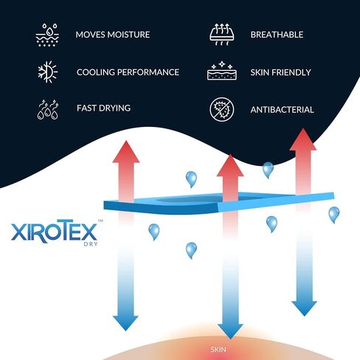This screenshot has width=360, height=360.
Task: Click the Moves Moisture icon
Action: (x=47, y=35)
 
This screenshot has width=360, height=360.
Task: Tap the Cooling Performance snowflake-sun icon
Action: (x=47, y=72)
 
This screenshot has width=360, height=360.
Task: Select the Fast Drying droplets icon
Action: (x=48, y=110)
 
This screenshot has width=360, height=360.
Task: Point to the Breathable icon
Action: (x=222, y=35)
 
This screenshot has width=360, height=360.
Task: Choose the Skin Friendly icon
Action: (x=222, y=71)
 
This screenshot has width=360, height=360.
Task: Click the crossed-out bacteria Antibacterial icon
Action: (x=222, y=109)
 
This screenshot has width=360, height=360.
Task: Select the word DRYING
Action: (x=114, y=108)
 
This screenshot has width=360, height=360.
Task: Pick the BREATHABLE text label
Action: (x=277, y=35)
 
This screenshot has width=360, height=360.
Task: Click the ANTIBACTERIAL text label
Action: (x=283, y=110)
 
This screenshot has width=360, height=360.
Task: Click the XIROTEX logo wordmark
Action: (x=55, y=232)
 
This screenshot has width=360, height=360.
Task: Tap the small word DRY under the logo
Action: (x=91, y=244)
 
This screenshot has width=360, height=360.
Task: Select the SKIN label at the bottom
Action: (x=218, y=350)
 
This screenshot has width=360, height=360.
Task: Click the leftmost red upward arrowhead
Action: (x=126, y=152)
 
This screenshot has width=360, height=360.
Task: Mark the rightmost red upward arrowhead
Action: (x=303, y=139)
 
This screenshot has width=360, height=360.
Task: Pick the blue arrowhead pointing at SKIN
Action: (x=230, y=331)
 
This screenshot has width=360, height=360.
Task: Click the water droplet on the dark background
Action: (x=268, y=170)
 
